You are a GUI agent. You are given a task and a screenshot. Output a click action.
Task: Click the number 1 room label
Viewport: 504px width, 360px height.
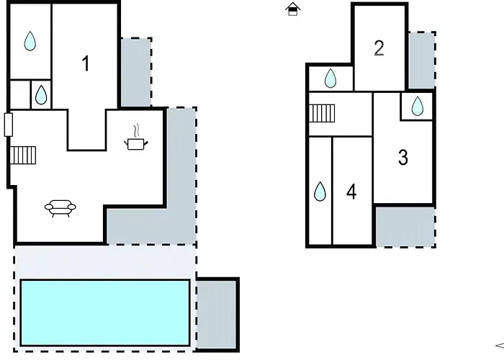point(86,63)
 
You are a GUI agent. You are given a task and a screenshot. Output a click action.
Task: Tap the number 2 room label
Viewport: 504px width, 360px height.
point(379,48)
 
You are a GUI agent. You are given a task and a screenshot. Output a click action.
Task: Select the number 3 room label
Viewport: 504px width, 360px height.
point(403,158)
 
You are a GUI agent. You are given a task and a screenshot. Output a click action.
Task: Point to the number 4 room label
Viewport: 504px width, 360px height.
point(351,192)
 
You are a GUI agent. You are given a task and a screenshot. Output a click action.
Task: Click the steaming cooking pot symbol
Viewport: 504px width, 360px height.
point(136,138)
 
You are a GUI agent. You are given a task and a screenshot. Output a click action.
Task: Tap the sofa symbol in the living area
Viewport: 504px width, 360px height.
point(60,209)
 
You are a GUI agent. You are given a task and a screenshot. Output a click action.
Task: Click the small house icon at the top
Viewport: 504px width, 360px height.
point(292,9)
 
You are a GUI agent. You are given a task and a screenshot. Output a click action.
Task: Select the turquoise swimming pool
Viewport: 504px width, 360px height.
point(105,312)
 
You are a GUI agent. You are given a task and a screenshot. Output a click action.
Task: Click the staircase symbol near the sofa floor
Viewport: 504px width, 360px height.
point(23,156)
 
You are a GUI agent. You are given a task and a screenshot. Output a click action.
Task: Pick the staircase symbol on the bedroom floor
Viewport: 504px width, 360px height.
point(322,113)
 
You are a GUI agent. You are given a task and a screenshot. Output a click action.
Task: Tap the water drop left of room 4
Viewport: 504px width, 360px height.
point(320,192)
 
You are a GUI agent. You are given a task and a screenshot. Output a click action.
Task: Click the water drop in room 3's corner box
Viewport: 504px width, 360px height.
point(417,106)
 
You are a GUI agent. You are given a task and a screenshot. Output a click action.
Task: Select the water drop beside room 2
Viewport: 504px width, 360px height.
point(330,78)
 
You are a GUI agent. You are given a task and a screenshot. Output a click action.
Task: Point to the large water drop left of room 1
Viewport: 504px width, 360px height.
point(30,41)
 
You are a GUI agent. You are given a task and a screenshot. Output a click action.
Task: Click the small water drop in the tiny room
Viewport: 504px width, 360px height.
point(41,95)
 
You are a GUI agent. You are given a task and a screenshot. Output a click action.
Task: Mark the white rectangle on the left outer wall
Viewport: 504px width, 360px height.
point(9,125)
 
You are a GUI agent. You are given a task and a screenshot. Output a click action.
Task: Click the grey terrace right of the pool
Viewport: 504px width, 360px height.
point(216,315)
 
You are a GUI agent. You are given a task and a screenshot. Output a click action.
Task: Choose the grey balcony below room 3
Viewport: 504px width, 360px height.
point(405,227)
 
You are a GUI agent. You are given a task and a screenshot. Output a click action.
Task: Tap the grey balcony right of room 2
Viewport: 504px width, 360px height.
point(422,60)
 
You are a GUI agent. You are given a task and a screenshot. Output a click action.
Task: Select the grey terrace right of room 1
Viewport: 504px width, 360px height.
point(136,72)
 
